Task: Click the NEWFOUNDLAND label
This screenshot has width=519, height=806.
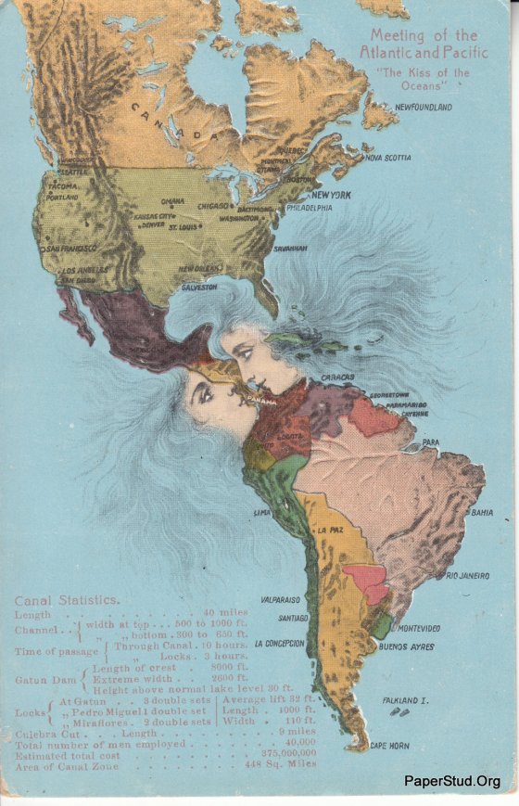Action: click(424, 108)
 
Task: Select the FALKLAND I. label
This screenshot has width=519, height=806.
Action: click(404, 701)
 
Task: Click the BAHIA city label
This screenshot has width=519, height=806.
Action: click(482, 512)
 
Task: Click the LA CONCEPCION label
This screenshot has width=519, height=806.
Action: click(278, 643)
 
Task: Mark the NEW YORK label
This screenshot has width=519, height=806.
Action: click(330, 195)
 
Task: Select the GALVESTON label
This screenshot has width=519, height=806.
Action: click(198, 288)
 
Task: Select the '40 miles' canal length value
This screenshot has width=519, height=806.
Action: click(226, 612)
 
